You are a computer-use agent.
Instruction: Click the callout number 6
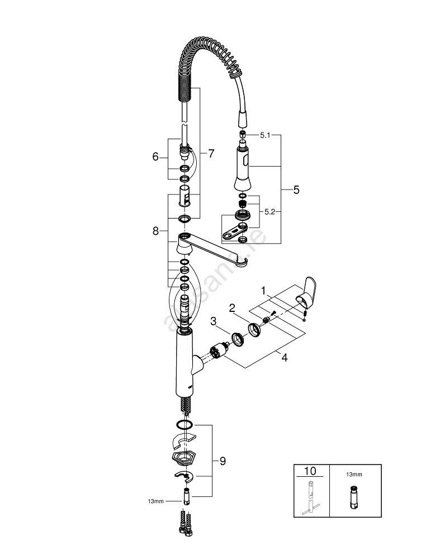coord(155,157)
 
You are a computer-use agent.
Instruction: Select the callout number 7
coord(211,154)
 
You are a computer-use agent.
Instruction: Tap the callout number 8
coord(156,230)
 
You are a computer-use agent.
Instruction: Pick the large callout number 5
coord(296,190)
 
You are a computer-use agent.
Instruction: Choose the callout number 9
coord(223,461)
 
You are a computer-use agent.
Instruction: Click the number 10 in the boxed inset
coord(310,471)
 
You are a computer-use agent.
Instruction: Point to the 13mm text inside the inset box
coord(354,474)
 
